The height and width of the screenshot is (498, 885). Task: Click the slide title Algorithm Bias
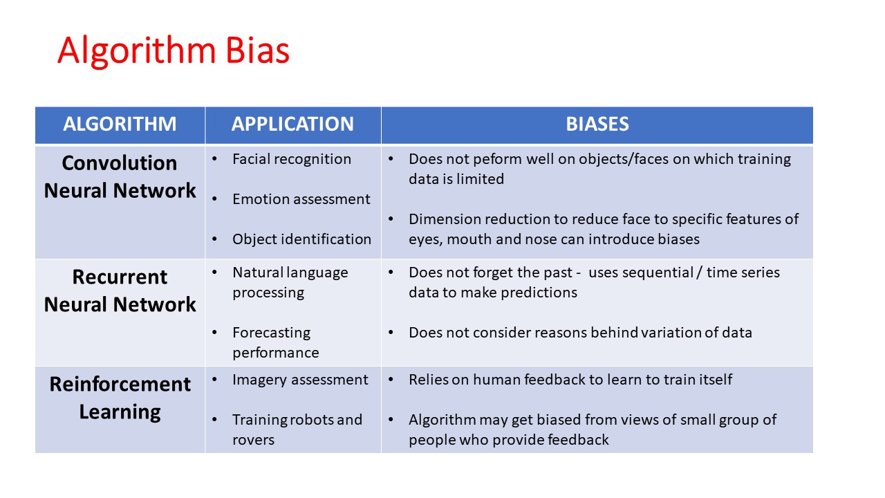click(x=173, y=50)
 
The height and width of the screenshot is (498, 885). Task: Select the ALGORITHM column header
click(x=120, y=124)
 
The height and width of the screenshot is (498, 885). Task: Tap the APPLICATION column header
click(x=292, y=124)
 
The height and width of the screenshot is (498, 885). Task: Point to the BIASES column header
click(x=597, y=124)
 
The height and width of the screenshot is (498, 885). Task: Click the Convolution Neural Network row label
click(x=120, y=176)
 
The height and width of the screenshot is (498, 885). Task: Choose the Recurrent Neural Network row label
click(x=120, y=290)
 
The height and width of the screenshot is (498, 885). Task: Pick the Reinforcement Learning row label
click(x=120, y=398)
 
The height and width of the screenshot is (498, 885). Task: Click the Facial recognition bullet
click(x=292, y=159)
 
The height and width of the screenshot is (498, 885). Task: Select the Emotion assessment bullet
click(x=301, y=199)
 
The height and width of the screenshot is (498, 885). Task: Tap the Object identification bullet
click(x=302, y=239)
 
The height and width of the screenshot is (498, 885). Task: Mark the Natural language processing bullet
click(x=290, y=282)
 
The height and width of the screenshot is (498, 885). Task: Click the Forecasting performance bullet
click(x=276, y=342)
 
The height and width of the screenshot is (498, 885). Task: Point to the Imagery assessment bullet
click(x=300, y=380)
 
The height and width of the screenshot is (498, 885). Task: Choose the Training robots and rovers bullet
click(x=297, y=430)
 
